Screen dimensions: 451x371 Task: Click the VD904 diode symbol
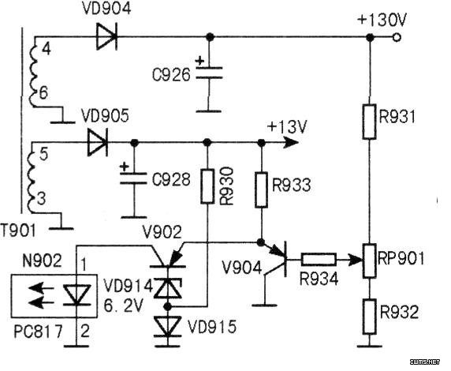click(x=106, y=37)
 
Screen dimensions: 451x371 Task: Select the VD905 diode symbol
click(x=98, y=142)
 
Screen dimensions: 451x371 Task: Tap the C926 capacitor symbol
click(x=209, y=73)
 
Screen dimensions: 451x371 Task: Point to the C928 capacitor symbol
click(x=133, y=178)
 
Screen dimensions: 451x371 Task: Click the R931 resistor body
click(x=369, y=122)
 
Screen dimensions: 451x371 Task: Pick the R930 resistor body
click(x=207, y=186)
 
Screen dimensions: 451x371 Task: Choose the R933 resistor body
click(x=261, y=189)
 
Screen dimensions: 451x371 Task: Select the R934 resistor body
click(x=319, y=260)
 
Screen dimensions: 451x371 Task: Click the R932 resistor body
click(x=369, y=317)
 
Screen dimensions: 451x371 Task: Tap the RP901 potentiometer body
click(x=369, y=261)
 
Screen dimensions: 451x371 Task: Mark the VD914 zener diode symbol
click(x=168, y=288)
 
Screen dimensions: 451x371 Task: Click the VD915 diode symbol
click(x=168, y=326)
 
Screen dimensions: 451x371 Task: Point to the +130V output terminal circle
click(x=397, y=37)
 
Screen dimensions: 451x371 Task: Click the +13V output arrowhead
click(x=290, y=142)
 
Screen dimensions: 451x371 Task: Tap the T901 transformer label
click(x=18, y=230)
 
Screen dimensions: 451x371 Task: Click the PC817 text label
click(x=39, y=332)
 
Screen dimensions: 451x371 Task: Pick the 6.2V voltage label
click(x=123, y=306)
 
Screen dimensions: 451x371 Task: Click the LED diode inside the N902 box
click(x=76, y=294)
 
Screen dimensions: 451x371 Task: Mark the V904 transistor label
click(x=242, y=268)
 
